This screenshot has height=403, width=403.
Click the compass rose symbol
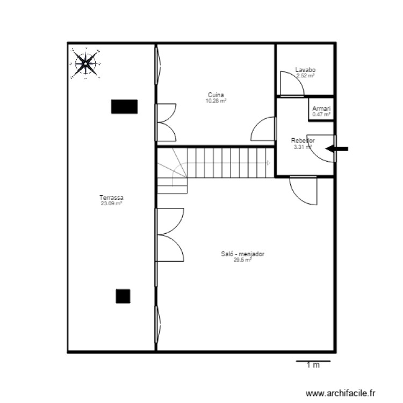[x=85, y=64]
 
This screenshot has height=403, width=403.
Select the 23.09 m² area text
[x=112, y=204]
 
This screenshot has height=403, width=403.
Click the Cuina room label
[x=216, y=95]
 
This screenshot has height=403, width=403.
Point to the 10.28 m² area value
[x=216, y=100]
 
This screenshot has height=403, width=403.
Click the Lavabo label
[x=305, y=70]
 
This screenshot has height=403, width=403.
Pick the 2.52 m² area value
[x=305, y=76]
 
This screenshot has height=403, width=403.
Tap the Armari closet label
[x=322, y=109]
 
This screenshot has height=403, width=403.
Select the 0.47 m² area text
[x=322, y=114]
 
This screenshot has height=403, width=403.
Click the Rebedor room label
[x=303, y=141]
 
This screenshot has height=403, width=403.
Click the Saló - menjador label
[x=243, y=255]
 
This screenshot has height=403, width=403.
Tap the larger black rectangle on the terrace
[x=124, y=106]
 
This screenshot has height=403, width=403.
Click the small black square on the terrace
[x=123, y=296]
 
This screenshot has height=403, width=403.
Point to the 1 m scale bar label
[x=313, y=366]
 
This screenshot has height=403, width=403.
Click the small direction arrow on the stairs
[x=268, y=163]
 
